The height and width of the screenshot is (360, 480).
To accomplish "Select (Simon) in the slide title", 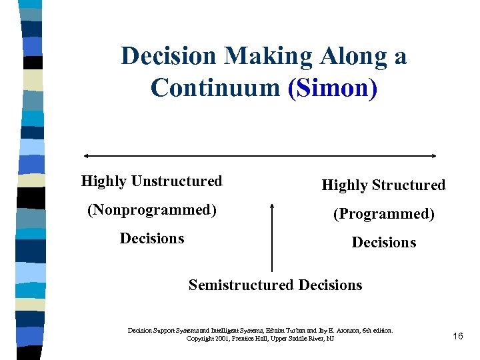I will [332, 87].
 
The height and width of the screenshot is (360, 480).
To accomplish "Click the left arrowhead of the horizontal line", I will [85, 156].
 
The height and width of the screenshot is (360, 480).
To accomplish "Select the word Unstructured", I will [177, 181].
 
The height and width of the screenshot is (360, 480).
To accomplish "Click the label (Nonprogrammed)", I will [152, 210].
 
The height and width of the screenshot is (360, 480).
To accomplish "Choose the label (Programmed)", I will [384, 214].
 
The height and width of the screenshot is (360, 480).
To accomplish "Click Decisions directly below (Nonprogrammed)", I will [152, 239].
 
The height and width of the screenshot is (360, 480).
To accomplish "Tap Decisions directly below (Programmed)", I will [384, 243].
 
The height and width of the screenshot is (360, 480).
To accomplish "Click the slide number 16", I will [457, 336].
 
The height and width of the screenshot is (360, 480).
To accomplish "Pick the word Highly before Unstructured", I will [104, 181].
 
